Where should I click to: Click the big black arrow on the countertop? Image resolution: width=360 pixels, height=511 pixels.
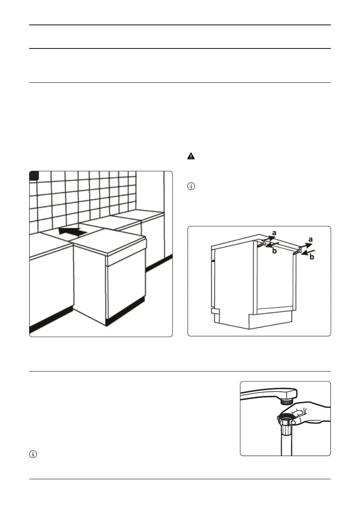pyautogui.click(x=73, y=232)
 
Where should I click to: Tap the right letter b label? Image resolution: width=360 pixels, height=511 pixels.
pyautogui.click(x=312, y=257)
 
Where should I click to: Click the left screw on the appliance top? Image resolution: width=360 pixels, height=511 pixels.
pyautogui.click(x=261, y=245)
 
